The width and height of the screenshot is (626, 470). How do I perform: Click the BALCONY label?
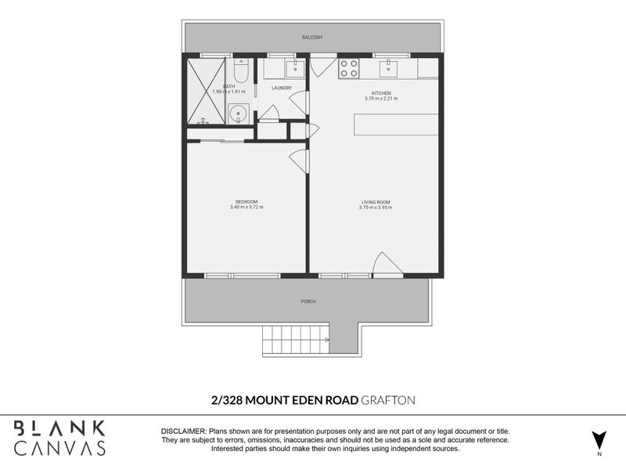[x=312, y=37]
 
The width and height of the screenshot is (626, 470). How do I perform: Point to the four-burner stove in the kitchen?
[x=348, y=68]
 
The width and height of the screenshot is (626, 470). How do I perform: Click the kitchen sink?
[x=390, y=69]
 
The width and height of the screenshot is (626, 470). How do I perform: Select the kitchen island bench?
[x=396, y=124]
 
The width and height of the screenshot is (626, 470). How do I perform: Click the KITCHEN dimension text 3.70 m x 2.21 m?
[x=381, y=99]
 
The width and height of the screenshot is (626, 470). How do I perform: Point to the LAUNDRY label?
[x=282, y=88]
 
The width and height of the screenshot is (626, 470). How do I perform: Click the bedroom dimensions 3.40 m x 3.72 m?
[x=246, y=207]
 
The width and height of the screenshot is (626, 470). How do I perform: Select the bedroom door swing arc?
[x=298, y=161]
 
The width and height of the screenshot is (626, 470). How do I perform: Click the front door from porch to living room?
[x=387, y=266]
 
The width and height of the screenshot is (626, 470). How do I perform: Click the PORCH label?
[x=308, y=302]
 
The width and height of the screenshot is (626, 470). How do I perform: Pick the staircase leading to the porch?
[x=296, y=340]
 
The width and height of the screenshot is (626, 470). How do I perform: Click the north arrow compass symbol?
[x=599, y=440]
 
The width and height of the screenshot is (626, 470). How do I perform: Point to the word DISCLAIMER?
[x=183, y=432]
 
